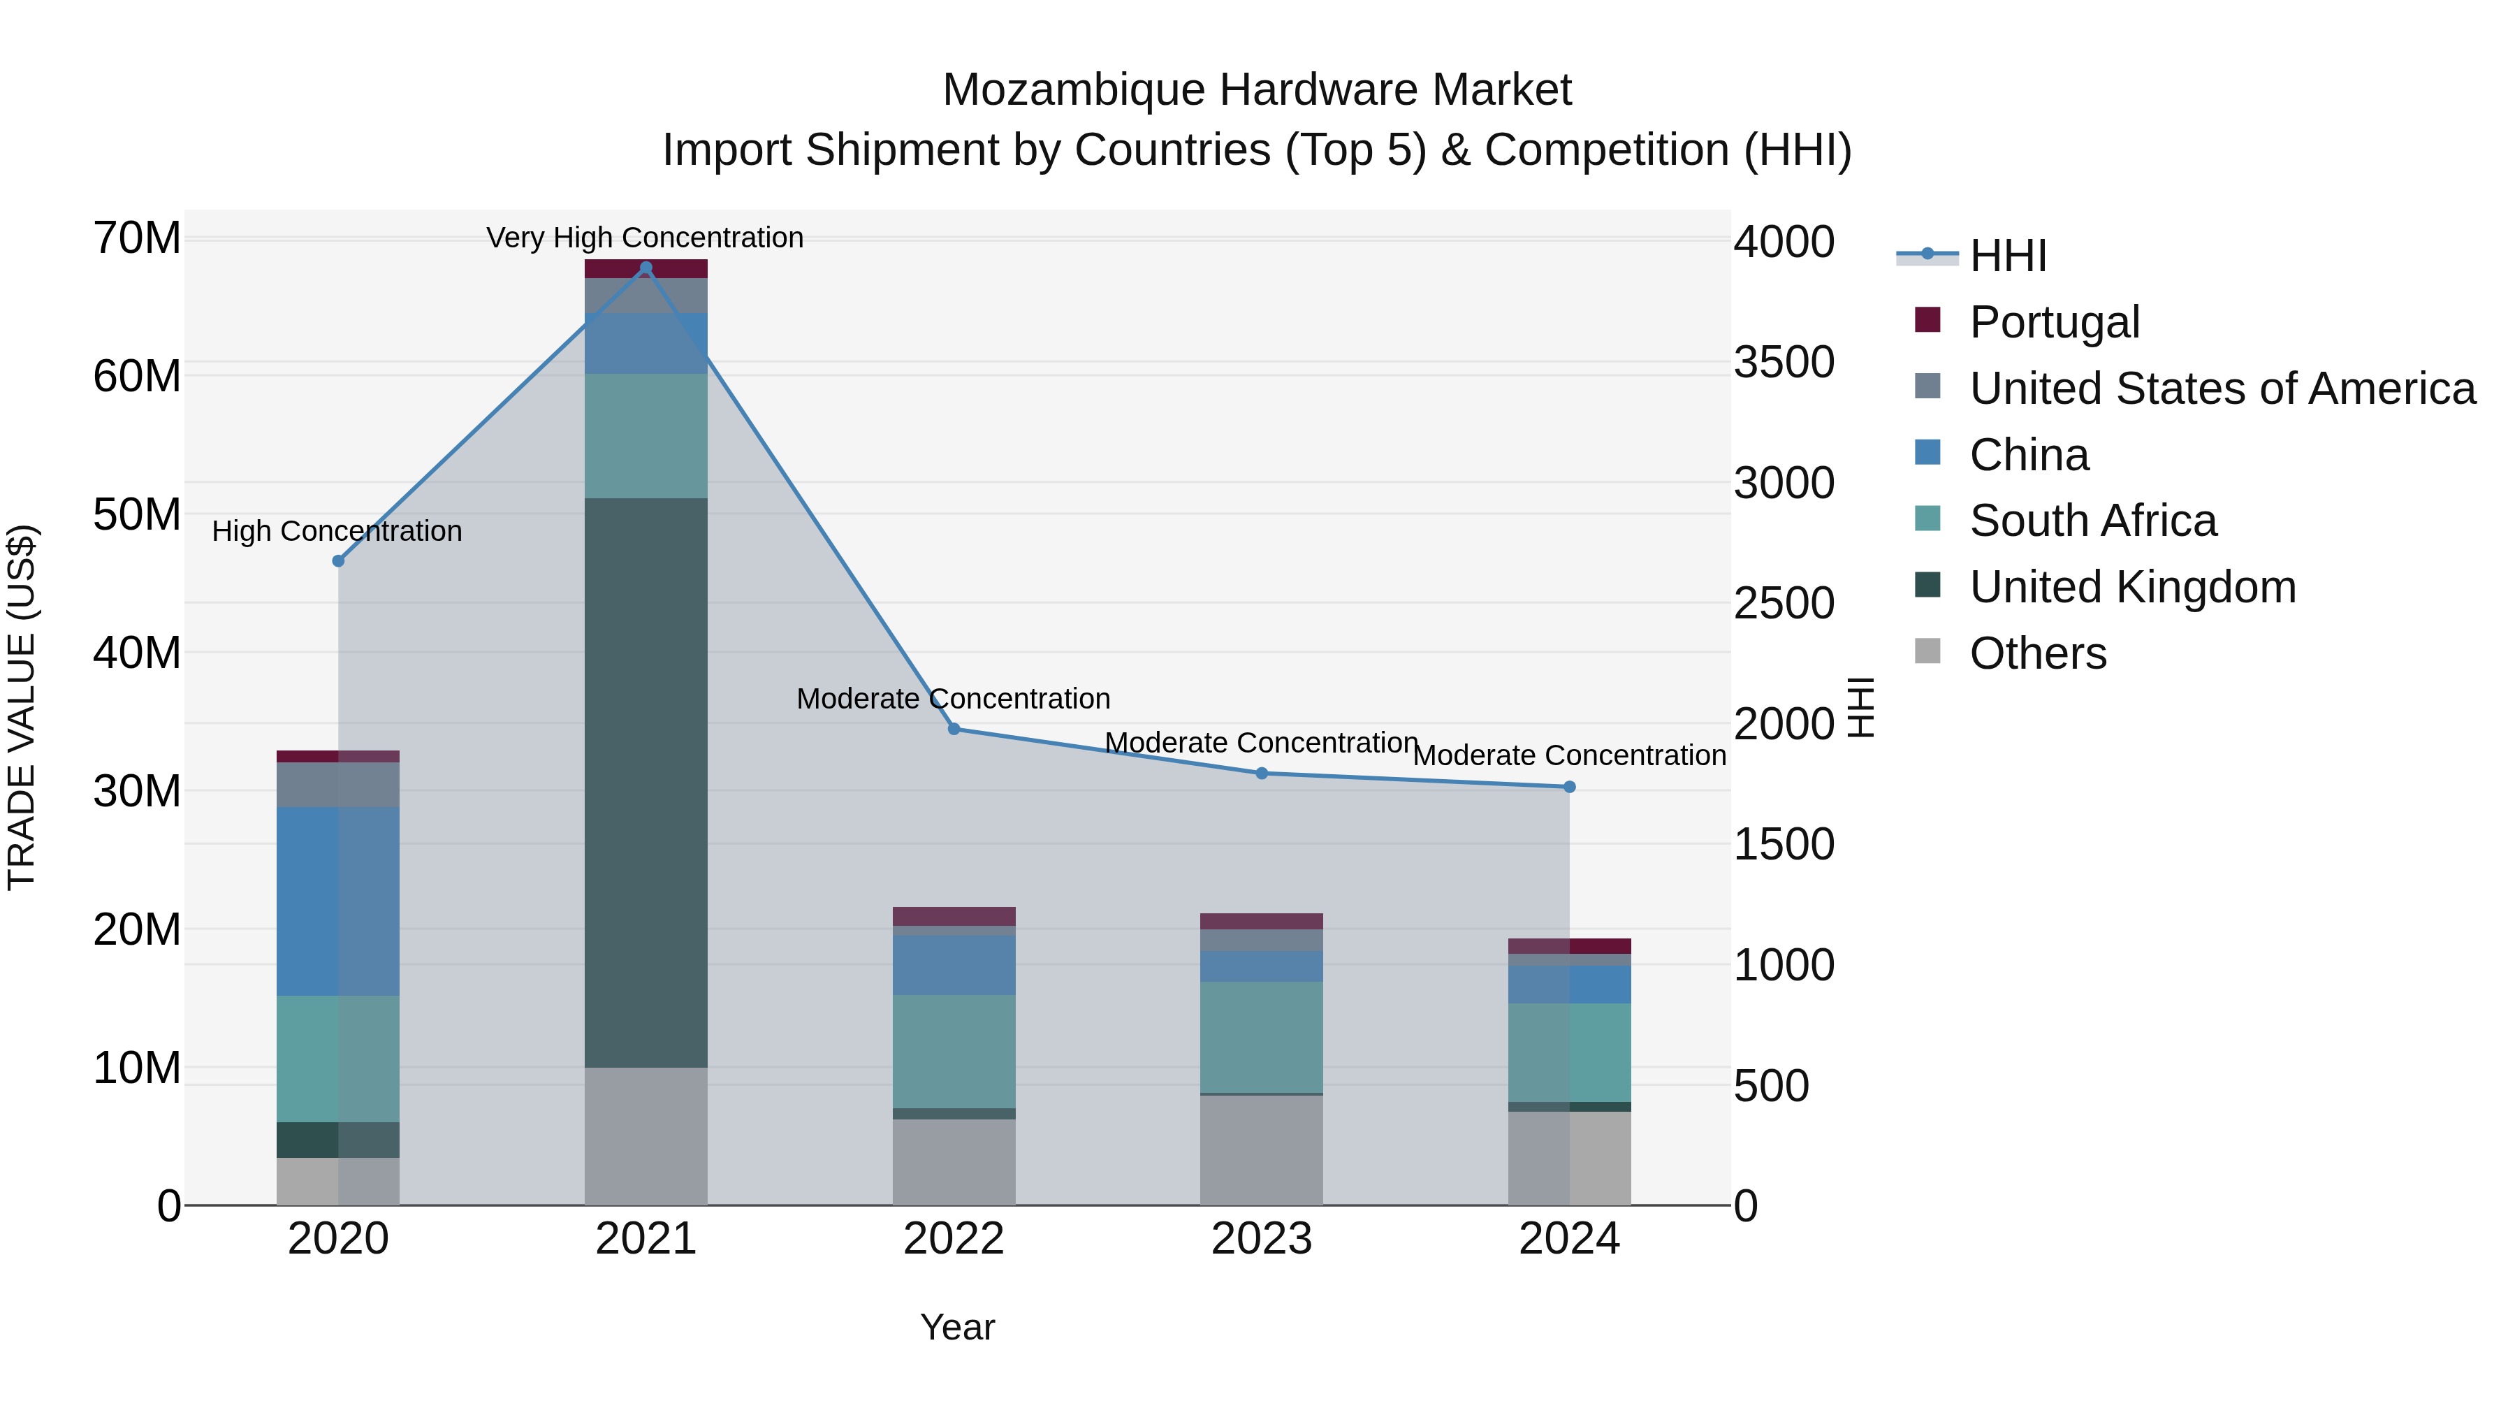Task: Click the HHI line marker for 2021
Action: (x=646, y=268)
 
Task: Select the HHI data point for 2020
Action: (x=339, y=560)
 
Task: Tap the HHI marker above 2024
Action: (x=1569, y=786)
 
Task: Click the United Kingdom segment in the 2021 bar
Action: (x=646, y=781)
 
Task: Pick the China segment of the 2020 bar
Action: (x=338, y=901)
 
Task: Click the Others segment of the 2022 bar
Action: (x=954, y=1161)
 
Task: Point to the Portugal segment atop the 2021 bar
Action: (x=646, y=268)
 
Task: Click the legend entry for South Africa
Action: (x=2092, y=521)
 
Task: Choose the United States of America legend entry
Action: (x=2221, y=389)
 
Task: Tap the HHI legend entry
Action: (x=2007, y=256)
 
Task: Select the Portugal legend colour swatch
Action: (x=1927, y=319)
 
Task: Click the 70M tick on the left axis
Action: (x=137, y=238)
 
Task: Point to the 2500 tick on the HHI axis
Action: (x=1784, y=604)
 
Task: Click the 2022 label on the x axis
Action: (x=954, y=1239)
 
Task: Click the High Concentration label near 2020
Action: (x=337, y=531)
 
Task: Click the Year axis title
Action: (x=957, y=1327)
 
